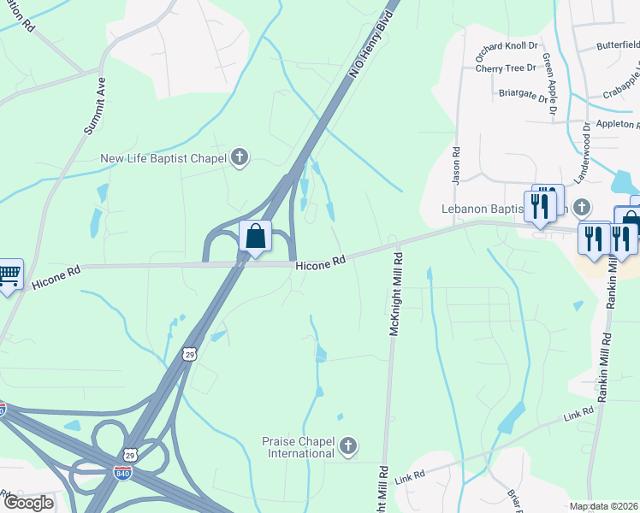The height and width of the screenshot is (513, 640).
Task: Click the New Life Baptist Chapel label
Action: [x=163, y=157]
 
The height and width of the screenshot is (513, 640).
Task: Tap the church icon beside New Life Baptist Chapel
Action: [x=240, y=157]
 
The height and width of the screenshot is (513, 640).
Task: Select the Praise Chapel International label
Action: [x=299, y=446]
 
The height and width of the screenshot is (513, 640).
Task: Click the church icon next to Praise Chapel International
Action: [x=347, y=445]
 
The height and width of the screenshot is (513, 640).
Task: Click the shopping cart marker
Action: [x=9, y=274]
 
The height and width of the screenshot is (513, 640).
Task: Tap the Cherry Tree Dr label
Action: [x=505, y=68]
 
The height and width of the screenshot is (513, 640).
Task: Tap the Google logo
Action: [x=27, y=503]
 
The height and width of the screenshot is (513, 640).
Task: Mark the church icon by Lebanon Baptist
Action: [x=582, y=208]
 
